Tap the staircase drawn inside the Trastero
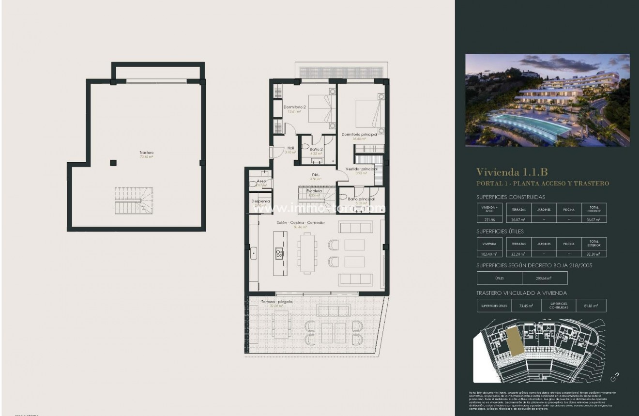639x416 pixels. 134,200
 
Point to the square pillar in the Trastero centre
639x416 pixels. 113,163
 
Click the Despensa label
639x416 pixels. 260,201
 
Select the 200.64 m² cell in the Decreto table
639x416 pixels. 545,278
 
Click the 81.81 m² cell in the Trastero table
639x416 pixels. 591,306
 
